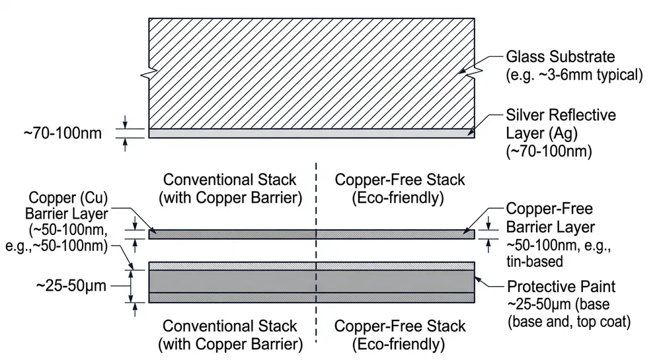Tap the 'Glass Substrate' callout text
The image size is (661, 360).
[x=560, y=57]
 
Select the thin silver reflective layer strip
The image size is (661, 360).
[x=311, y=133]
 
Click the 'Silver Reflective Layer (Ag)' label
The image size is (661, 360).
[x=561, y=124]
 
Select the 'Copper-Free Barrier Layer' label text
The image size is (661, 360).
[x=550, y=217]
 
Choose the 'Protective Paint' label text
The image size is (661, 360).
[x=561, y=287]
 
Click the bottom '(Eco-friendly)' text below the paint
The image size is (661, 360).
[x=400, y=344]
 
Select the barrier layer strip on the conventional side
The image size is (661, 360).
[x=231, y=233]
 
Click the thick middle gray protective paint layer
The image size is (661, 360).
[x=311, y=281]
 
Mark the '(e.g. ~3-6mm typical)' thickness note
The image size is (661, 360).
[x=574, y=74]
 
